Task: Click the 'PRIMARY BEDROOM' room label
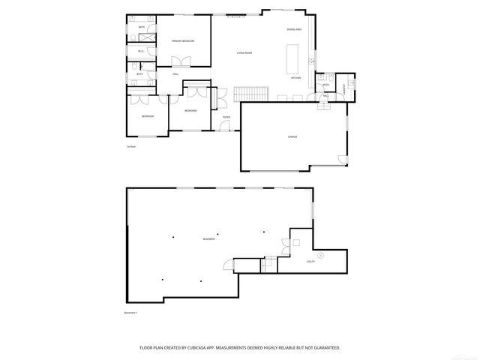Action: (x=182, y=40)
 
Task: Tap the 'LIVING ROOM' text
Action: (x=244, y=53)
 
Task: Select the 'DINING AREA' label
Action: (x=294, y=29)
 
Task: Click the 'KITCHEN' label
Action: (x=296, y=78)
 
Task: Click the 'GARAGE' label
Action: (x=292, y=136)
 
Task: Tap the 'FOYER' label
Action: (x=225, y=117)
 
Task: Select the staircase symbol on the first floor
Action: (x=251, y=94)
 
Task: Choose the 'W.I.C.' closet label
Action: (x=140, y=51)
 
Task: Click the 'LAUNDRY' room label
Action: (x=343, y=88)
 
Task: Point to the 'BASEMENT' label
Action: (x=209, y=239)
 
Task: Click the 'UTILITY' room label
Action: (x=310, y=262)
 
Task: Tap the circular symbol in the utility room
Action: (x=320, y=256)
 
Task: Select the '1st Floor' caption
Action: (x=130, y=147)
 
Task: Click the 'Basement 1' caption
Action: (x=131, y=312)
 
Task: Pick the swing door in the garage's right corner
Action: (x=342, y=158)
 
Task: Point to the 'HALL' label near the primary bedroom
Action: (x=175, y=73)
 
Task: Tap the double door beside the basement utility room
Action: (x=284, y=244)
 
